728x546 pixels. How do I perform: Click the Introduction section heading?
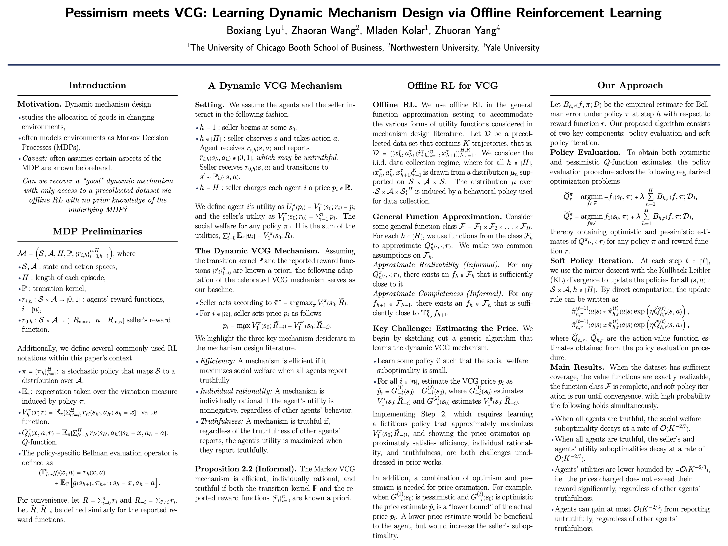(x=97, y=85)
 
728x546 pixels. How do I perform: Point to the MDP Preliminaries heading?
(x=97, y=231)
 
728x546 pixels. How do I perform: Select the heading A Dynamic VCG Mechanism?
(x=275, y=86)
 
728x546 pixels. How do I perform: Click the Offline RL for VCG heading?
(x=452, y=86)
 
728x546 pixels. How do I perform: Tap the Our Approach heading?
(x=630, y=85)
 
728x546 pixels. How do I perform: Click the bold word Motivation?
(x=39, y=104)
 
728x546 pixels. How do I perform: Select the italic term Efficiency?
(x=217, y=361)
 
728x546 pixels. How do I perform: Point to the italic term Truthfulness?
(x=222, y=421)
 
